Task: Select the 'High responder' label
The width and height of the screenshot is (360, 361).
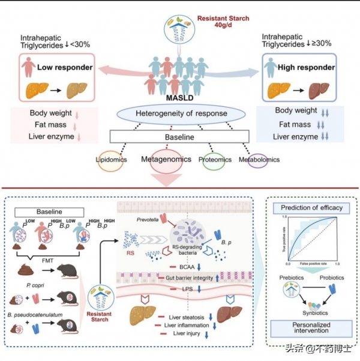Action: pos(306,67)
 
